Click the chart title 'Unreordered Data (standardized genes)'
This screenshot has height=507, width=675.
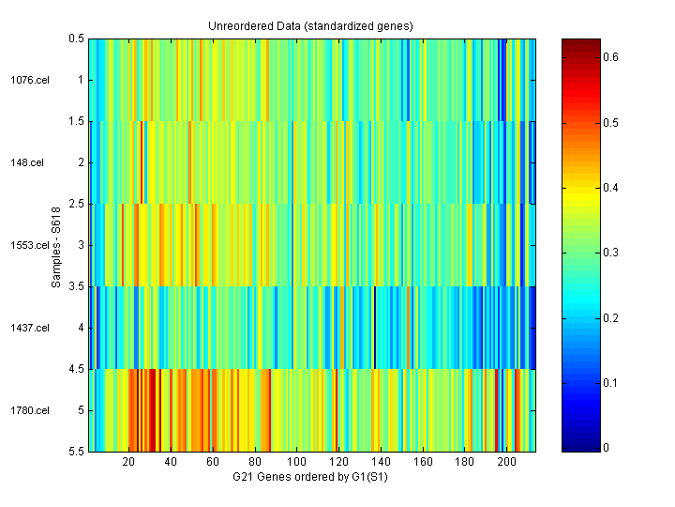310,25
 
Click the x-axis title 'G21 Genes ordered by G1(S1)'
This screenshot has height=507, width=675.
310,478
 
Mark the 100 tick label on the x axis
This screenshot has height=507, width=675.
297,463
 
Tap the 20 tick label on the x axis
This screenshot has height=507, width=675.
129,463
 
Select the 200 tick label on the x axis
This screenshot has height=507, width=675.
507,463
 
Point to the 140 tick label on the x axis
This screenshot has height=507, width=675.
382,463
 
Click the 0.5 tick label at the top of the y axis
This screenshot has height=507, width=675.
77,38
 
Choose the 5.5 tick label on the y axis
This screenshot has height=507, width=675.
77,452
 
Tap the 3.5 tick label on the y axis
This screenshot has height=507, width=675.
77,286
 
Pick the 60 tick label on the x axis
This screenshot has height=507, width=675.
213,463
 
